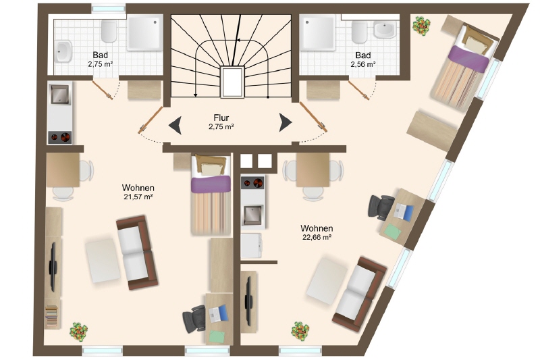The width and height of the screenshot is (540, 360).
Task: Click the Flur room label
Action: (221, 118)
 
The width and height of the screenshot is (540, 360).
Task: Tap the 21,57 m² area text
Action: (138, 197)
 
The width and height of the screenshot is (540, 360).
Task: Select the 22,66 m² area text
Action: (317, 237)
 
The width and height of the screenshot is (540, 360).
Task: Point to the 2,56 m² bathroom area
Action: (363, 64)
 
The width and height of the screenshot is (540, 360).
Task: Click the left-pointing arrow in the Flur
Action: (175, 125)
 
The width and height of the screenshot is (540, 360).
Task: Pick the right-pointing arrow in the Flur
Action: (286, 122)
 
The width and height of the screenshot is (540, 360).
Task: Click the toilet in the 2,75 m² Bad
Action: (109, 30)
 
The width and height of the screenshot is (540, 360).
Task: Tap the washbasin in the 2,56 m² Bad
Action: (385, 29)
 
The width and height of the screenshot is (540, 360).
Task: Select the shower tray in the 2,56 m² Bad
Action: (317, 32)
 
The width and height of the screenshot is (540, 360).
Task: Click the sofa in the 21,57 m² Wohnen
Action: (137, 253)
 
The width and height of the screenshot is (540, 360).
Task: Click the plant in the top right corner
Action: (421, 26)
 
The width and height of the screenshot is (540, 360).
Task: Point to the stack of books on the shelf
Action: (52, 316)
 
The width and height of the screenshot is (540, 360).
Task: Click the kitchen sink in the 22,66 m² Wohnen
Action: (252, 215)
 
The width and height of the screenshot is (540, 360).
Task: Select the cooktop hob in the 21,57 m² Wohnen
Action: (59, 138)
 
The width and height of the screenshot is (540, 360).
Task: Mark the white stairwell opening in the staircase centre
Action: (232, 82)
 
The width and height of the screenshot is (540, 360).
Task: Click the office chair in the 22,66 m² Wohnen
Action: (381, 208)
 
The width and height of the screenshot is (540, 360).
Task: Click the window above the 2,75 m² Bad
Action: (109, 8)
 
